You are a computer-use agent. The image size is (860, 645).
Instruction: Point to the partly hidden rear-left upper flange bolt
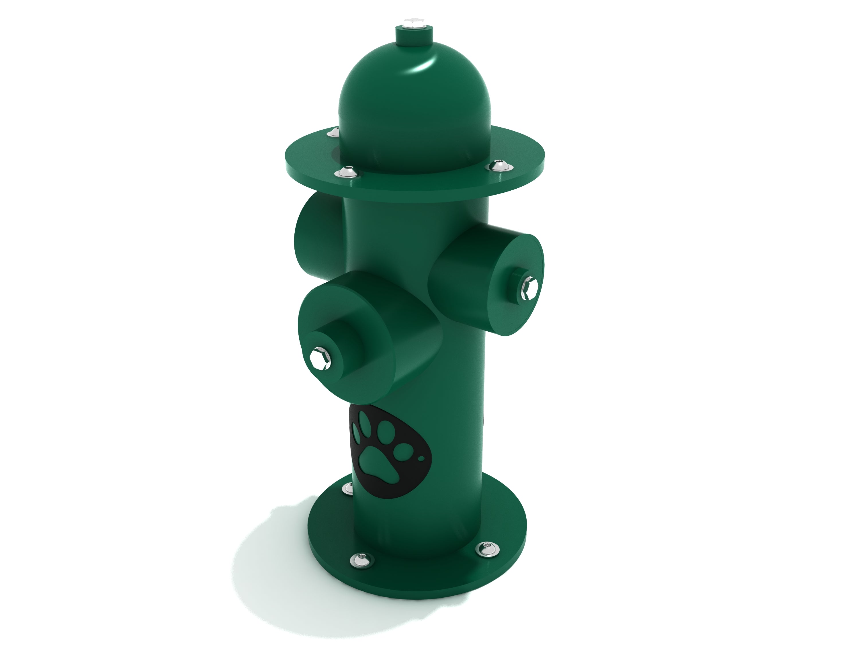333,132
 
